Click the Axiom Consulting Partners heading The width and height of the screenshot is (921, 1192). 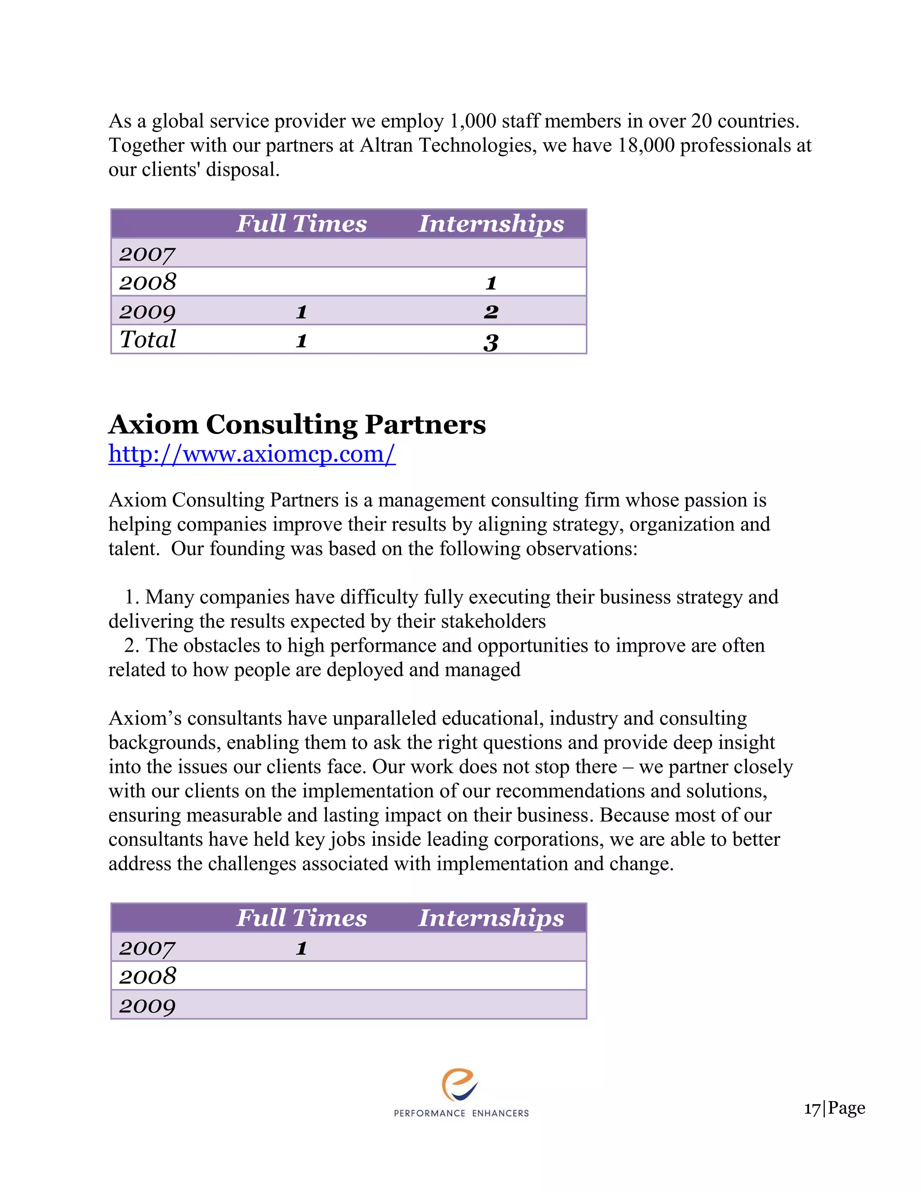[297, 424]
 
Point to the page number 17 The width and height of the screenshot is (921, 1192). [812, 1108]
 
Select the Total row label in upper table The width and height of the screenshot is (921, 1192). [148, 340]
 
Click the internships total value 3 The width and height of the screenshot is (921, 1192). [491, 342]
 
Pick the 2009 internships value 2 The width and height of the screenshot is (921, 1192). [491, 311]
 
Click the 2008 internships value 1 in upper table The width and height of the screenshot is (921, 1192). [491, 282]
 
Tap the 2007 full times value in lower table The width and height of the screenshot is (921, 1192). [301, 948]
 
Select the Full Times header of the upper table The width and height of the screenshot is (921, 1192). [301, 224]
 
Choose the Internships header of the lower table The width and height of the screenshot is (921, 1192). [491, 918]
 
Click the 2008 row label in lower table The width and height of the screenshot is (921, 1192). [148, 976]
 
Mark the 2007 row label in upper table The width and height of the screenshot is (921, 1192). [148, 254]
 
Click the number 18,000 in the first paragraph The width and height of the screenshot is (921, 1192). [646, 145]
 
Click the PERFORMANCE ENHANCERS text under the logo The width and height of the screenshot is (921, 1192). [461, 1113]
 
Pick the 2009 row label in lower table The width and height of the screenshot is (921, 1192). [148, 1005]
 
